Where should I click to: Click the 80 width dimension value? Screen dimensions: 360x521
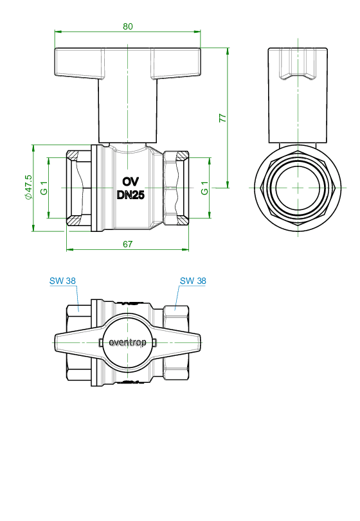coord(128,26)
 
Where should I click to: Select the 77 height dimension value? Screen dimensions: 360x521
coord(222,118)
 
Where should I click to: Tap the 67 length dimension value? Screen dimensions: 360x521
coord(128,244)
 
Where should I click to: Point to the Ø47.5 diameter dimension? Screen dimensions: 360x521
coord(28,187)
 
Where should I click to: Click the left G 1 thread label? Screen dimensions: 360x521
coord(44,188)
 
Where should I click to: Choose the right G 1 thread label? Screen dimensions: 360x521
coord(204,188)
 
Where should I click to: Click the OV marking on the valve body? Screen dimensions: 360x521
coord(130,182)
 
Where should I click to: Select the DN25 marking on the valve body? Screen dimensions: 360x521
coord(130,195)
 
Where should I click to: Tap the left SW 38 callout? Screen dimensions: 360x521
coord(62,281)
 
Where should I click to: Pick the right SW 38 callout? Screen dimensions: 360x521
coord(193,281)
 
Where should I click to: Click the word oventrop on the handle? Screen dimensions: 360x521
coord(128,342)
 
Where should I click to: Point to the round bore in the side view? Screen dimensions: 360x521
coord(298,188)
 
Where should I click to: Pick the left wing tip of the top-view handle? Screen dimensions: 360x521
coord(55,342)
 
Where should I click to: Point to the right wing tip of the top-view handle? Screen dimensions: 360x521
coord(201,342)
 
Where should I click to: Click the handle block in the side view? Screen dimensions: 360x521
coord(298,96)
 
